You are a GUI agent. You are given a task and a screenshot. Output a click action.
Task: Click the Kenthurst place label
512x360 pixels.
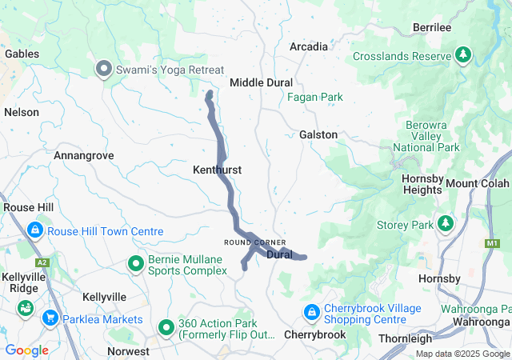[217, 170]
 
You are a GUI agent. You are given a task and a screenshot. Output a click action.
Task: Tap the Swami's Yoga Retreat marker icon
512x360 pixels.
[102, 70]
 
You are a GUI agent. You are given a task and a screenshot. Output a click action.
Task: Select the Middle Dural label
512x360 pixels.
[261, 82]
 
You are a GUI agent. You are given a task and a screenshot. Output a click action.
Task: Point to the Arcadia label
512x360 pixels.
[308, 46]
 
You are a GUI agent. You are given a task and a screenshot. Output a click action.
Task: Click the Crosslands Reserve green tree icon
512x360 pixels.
[462, 54]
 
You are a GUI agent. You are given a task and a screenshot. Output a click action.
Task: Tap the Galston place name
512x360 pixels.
[318, 134]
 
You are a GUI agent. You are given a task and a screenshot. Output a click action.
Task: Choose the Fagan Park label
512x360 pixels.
[315, 98]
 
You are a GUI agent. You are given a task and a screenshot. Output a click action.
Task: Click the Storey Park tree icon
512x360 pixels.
[445, 225]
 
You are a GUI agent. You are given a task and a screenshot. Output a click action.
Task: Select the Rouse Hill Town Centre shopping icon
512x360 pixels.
[34, 231]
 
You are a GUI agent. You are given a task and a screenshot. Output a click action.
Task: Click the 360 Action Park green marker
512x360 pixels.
[166, 326]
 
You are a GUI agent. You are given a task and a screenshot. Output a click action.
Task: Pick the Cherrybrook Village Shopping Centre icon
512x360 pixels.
[311, 311]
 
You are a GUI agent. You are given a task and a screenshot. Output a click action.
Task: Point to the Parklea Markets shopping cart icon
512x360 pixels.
[50, 318]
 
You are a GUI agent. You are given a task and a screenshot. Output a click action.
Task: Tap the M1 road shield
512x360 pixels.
[490, 242]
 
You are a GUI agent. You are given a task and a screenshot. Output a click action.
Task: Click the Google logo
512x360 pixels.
[26, 350]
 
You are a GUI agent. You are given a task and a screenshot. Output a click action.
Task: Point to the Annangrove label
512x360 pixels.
[83, 155]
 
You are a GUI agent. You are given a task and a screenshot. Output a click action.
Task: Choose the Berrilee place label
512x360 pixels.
[432, 27]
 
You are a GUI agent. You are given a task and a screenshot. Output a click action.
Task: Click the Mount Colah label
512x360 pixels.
[478, 183]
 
